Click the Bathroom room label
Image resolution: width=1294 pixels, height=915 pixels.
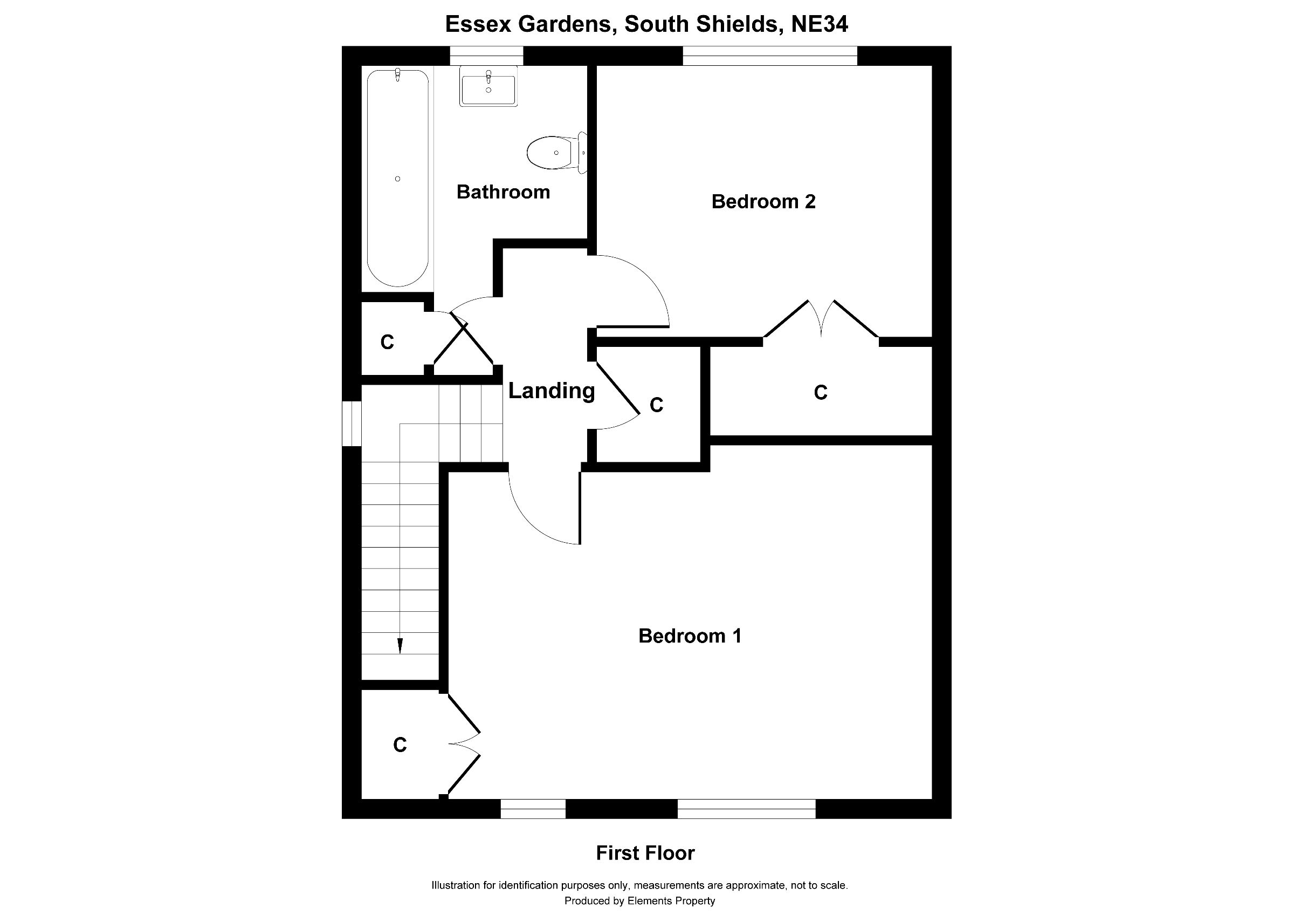[503, 192]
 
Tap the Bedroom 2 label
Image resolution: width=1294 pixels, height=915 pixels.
[763, 201]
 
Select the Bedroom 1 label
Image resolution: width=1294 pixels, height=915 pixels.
[689, 636]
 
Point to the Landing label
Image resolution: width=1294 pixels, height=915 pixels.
[551, 391]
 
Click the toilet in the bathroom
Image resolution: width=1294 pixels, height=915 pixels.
[557, 152]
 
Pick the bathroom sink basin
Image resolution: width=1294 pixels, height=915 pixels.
[488, 86]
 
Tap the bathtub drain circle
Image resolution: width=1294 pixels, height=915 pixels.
[398, 179]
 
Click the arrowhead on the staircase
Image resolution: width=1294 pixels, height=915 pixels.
[400, 646]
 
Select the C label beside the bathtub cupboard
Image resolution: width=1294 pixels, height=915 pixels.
[387, 342]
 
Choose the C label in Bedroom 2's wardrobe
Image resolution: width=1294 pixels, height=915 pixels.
[821, 392]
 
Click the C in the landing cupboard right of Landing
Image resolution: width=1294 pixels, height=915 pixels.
[657, 405]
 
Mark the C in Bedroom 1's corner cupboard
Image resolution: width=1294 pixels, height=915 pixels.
[400, 745]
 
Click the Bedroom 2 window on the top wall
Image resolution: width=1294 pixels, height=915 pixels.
[770, 56]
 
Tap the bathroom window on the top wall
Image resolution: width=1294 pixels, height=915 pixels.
[486, 56]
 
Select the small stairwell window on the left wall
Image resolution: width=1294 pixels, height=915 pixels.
[352, 424]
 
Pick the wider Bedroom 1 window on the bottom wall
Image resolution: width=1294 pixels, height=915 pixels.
[746, 809]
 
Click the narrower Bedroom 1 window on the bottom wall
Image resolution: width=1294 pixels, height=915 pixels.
[533, 809]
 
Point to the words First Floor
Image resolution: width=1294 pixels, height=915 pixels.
[645, 853]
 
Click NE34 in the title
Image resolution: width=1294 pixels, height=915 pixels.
[820, 24]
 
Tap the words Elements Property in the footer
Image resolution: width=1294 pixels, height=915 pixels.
[671, 901]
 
